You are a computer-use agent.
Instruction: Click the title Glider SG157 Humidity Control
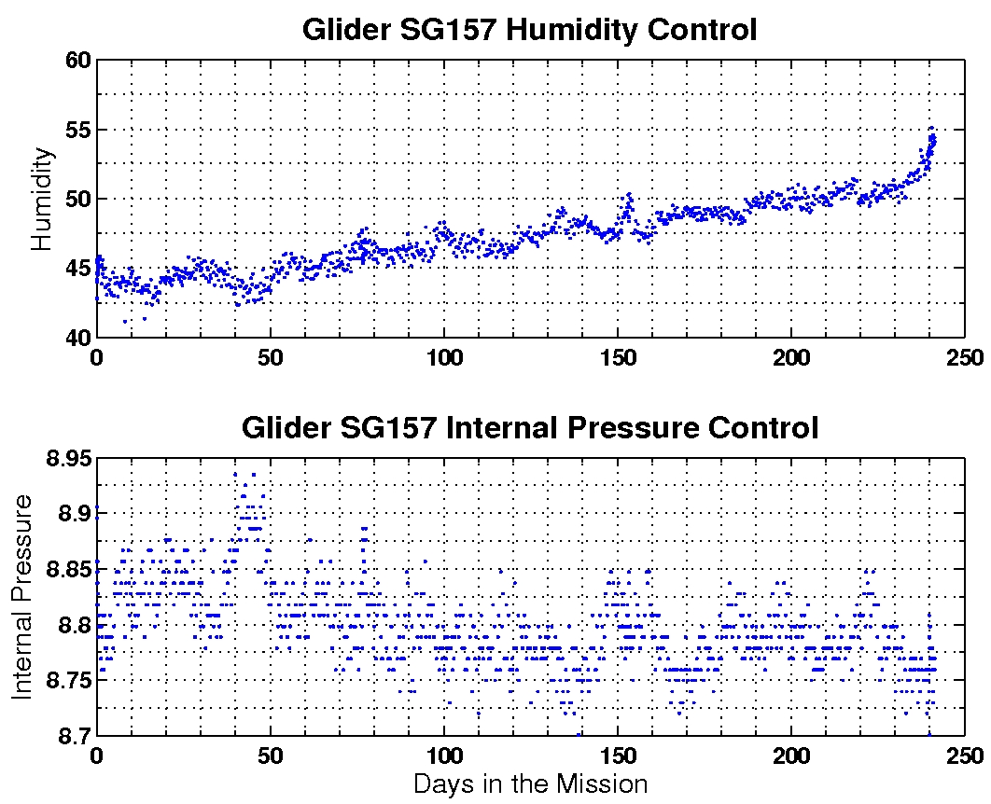click(529, 30)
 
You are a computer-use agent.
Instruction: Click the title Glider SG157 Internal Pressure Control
click(529, 428)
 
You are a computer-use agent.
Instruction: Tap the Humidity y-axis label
click(41, 199)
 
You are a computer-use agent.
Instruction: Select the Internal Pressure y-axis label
click(22, 597)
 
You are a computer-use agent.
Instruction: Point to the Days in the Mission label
click(530, 783)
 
